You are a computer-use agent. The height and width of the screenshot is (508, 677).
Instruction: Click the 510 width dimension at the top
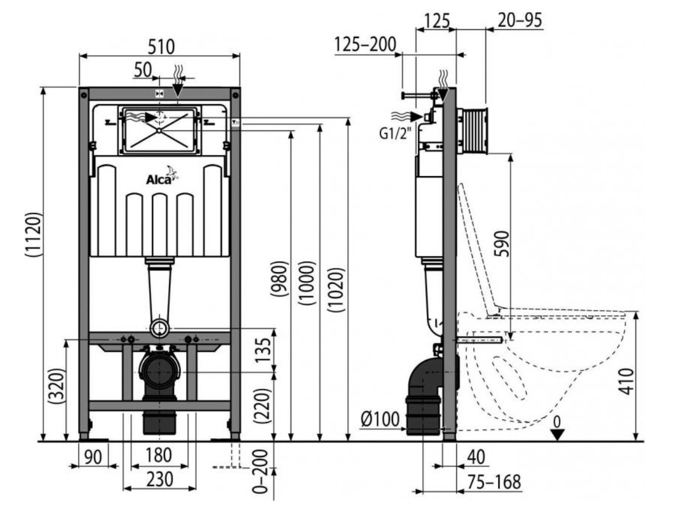tap(159, 46)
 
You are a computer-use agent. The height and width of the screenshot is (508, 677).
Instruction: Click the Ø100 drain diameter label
tap(379, 418)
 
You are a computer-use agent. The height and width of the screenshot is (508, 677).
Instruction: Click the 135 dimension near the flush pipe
tap(264, 349)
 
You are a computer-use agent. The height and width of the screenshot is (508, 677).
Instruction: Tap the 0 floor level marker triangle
tap(558, 434)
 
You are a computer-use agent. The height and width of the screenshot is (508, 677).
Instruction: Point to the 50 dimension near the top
tap(142, 70)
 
